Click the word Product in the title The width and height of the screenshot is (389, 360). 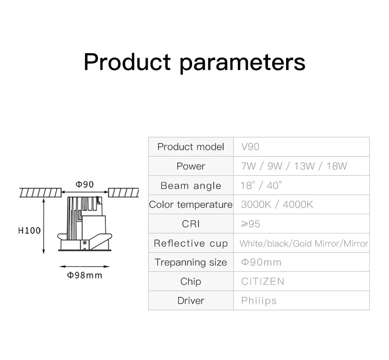click(127, 63)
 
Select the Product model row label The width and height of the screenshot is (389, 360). click(191, 147)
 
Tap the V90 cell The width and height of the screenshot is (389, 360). click(250, 147)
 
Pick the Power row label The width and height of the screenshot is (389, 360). click(191, 166)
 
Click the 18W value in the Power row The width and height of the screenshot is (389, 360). click(336, 166)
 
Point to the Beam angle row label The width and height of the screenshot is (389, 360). click(191, 186)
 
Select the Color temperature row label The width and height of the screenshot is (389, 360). click(191, 204)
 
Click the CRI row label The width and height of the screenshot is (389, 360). click(191, 224)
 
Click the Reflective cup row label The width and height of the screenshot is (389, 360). click(191, 243)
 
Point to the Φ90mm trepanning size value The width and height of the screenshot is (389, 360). click(261, 262)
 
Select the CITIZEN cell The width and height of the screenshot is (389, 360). click(262, 281)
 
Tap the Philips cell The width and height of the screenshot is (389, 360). click(259, 300)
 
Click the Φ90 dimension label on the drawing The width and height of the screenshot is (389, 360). click(85, 184)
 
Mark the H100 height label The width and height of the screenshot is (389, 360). click(30, 230)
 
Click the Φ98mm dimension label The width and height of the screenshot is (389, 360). click(85, 275)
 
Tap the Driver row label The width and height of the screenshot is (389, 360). click(191, 300)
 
